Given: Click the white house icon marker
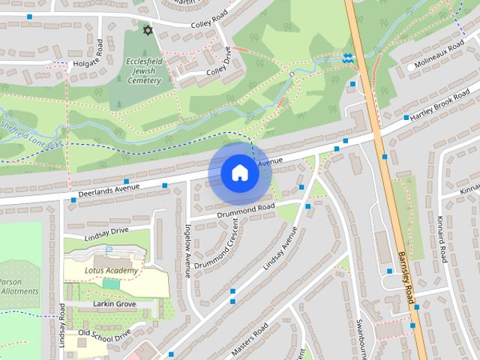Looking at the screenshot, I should [x=239, y=172].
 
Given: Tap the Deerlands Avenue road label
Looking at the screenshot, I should [x=105, y=192].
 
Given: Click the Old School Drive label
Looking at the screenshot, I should [x=104, y=333].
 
